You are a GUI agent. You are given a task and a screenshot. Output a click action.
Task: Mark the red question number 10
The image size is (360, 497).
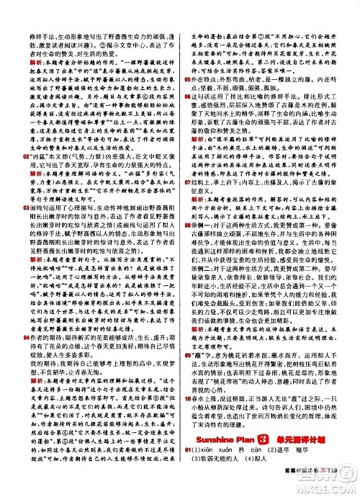[186, 413]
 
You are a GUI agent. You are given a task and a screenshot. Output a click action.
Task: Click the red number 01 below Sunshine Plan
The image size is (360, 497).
[186, 471]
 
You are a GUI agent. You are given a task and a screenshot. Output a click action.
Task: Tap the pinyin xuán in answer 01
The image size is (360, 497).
[233, 471]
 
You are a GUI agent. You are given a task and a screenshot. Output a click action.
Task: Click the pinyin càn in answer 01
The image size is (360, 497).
[264, 471]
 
